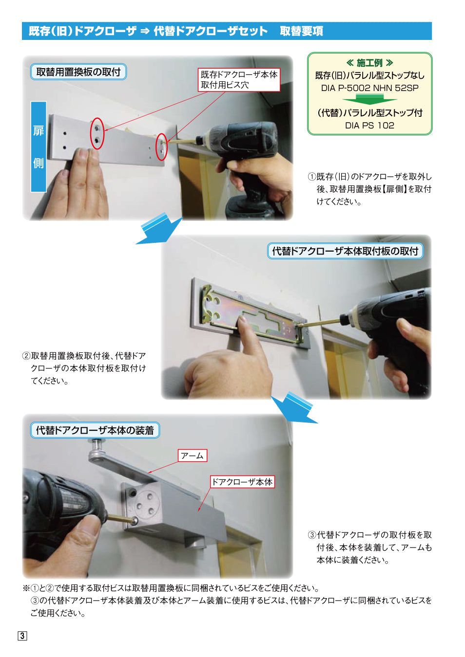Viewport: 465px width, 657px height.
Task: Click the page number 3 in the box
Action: [x=22, y=636]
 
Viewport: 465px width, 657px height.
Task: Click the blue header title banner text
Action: [x=175, y=31]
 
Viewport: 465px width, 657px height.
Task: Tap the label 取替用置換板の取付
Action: [x=78, y=72]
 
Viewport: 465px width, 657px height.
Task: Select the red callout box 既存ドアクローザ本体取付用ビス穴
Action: [x=239, y=80]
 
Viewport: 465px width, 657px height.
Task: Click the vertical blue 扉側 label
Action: [x=39, y=146]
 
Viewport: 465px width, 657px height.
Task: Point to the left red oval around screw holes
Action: [x=97, y=133]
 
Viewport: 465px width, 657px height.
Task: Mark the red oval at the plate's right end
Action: [x=161, y=147]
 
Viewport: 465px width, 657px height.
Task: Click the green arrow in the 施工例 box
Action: [x=369, y=99]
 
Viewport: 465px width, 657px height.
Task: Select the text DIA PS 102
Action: [x=369, y=126]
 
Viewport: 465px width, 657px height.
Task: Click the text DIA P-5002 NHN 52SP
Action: [x=369, y=88]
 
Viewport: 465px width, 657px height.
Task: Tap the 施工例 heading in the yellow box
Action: [x=369, y=63]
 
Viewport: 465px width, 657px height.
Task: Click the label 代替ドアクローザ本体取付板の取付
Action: [x=345, y=251]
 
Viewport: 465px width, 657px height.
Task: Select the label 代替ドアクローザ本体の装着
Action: [x=95, y=430]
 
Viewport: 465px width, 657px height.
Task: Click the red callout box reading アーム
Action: [x=192, y=456]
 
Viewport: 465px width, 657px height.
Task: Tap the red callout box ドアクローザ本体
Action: [x=242, y=482]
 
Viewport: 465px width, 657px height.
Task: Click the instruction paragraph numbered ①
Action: [x=369, y=189]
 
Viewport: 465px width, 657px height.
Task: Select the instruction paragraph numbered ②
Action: [x=84, y=368]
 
